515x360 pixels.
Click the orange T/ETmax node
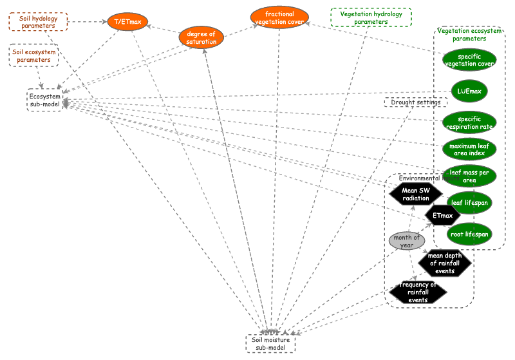pos(127,22)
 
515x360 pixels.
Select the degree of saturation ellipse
pos(201,37)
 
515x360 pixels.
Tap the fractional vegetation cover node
pos(279,17)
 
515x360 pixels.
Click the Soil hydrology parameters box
pos(38,22)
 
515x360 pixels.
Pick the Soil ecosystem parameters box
pos(33,55)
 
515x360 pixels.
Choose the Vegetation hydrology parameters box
pos(371,17)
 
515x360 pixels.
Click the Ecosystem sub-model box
pos(45,100)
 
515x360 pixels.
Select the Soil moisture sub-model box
pos(270,343)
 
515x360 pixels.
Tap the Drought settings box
pos(415,102)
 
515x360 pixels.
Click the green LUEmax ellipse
pos(469,91)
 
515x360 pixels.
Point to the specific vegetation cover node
pos(469,60)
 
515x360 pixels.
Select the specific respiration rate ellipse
pos(469,122)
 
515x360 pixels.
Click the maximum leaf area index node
pos(469,149)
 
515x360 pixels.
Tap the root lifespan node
pos(470,234)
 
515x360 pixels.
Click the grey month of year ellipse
pos(407,241)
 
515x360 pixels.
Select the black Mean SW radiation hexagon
pos(416,194)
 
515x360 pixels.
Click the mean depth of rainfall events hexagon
pos(445,262)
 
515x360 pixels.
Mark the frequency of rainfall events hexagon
pos(418,292)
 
